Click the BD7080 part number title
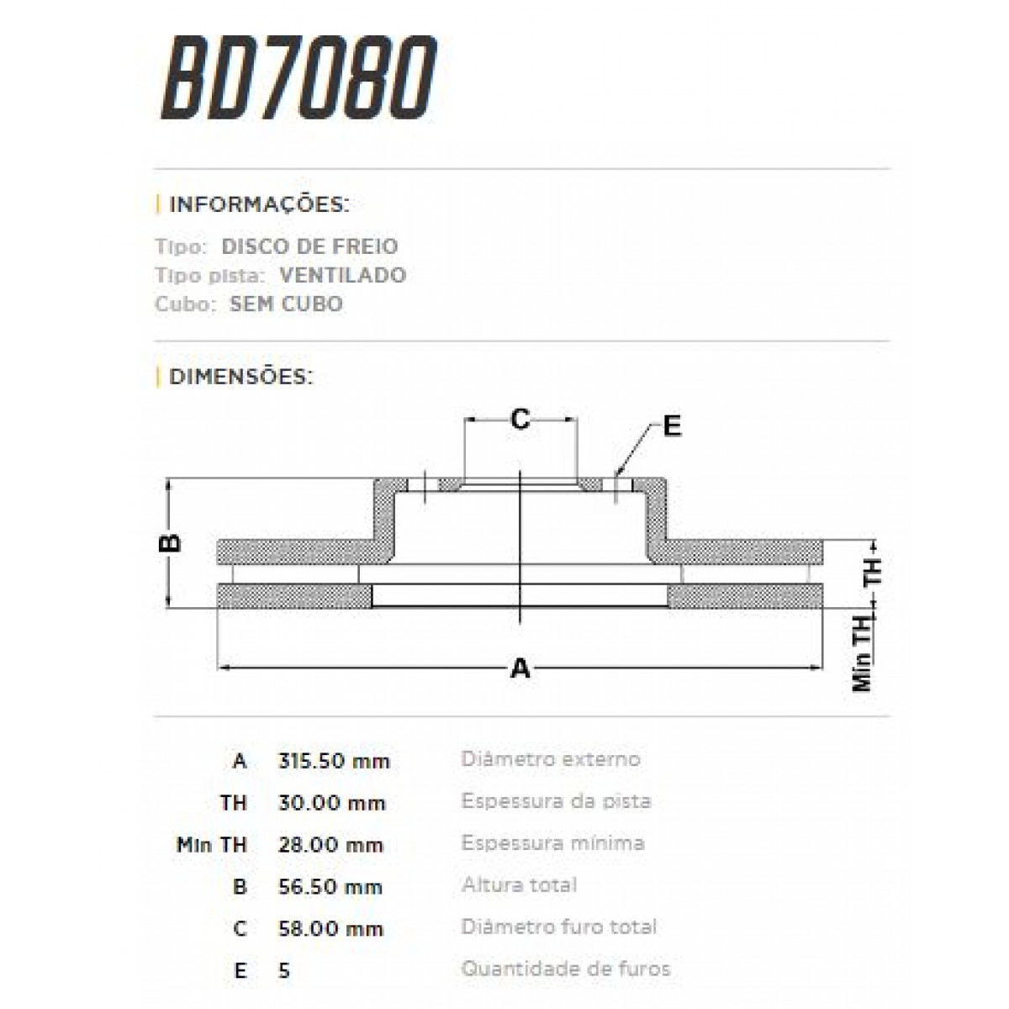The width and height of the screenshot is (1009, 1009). pos(298,80)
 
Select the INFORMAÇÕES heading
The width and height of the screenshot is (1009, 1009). pos(259,204)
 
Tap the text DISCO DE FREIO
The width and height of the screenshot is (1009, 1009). pos(309,246)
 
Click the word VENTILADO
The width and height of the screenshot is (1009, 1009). pos(342,275)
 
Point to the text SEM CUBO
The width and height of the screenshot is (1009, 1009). pos(286,304)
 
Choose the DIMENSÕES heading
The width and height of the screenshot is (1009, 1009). pos(241,376)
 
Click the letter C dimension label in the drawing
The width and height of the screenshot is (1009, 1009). pos(520,418)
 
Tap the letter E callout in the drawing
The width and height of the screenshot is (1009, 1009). pos(671,426)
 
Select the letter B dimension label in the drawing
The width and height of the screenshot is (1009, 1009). pos(171,542)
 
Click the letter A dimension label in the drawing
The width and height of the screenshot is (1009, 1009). pos(521,668)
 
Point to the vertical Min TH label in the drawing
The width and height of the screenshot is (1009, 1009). pos(863,659)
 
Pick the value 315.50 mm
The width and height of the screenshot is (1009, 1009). pos(334,761)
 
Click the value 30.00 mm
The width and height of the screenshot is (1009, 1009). pos(331,803)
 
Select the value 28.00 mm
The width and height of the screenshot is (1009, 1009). pos(330,845)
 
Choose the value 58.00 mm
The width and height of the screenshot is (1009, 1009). pos(330,929)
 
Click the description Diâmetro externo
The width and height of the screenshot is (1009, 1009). pos(551,759)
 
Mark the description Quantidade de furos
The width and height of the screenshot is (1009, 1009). pos(566,969)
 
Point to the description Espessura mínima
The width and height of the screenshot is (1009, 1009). pos(553,843)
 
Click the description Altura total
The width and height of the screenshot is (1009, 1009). pos(519,885)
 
